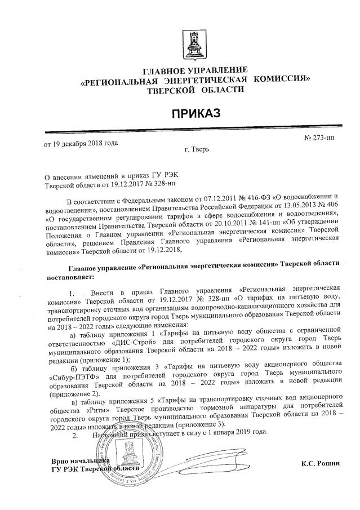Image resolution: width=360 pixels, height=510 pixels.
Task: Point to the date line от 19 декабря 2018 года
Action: click(x=81, y=143)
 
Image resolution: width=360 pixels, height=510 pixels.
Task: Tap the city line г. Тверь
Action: click(x=197, y=150)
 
